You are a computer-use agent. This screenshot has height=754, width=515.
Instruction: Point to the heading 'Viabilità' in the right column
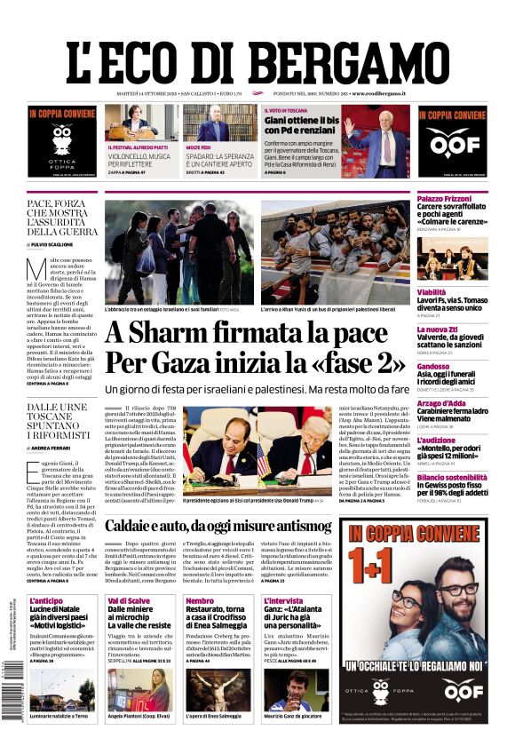[x=432, y=291]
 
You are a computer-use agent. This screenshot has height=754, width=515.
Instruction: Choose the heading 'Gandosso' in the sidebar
[x=433, y=366]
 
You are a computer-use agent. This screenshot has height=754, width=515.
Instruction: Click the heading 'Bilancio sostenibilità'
[x=452, y=477]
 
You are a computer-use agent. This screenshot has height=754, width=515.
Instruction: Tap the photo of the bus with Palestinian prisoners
[x=335, y=252]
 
